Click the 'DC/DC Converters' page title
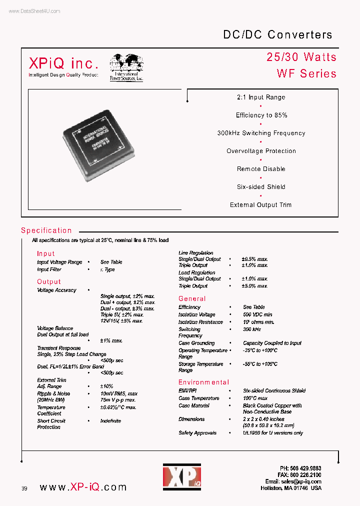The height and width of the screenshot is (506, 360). (x=277, y=34)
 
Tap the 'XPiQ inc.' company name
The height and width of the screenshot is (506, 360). (x=63, y=63)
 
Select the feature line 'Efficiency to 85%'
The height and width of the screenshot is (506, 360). (x=261, y=115)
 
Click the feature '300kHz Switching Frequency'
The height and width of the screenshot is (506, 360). (x=261, y=133)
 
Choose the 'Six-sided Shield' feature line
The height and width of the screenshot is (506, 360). (x=261, y=187)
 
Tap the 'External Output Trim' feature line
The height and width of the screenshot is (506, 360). (x=260, y=205)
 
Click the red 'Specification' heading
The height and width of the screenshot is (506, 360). (x=46, y=230)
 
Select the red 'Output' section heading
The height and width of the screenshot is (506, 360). (x=48, y=282)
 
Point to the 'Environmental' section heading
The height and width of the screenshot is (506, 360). (x=203, y=382)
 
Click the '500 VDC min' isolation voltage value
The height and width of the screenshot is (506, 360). (x=257, y=314)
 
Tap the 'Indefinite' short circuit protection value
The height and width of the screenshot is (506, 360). (x=110, y=421)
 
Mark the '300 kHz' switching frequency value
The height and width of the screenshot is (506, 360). (x=252, y=329)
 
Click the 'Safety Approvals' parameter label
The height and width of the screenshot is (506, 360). (x=197, y=433)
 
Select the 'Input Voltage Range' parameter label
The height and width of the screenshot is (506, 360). (x=59, y=262)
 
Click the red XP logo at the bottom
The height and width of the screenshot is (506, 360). (x=181, y=476)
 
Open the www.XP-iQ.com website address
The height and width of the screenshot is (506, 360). (x=82, y=487)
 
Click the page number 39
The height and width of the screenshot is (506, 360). (x=24, y=488)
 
